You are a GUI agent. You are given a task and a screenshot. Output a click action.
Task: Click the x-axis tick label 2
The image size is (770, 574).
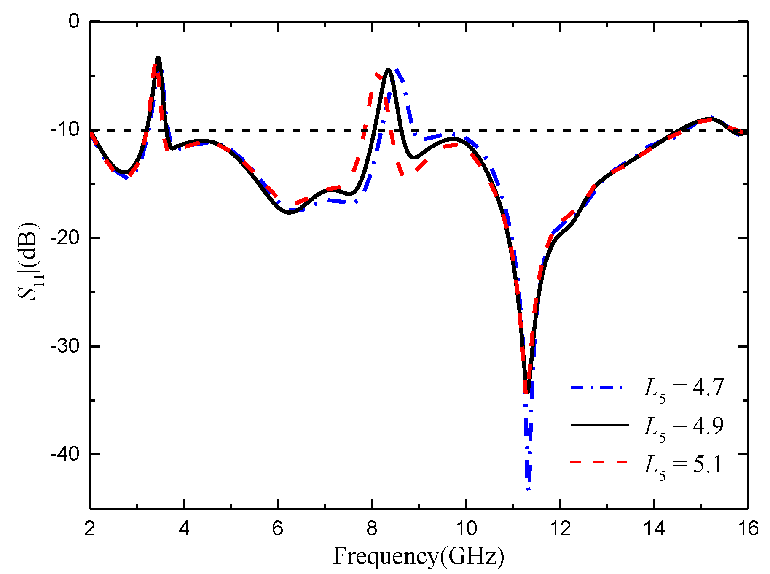coord(90,528)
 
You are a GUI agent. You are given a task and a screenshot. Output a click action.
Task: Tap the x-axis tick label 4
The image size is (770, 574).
coord(184,528)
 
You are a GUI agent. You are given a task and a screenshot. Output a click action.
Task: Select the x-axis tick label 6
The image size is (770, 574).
coord(278,528)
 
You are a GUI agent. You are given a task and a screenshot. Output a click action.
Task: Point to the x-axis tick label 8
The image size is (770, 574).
coord(372,528)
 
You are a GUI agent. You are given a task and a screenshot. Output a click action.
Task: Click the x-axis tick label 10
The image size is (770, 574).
coord(466,528)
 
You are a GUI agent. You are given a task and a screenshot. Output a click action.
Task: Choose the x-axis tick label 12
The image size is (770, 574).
coord(560,528)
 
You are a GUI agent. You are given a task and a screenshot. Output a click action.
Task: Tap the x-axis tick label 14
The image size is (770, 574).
coord(654,528)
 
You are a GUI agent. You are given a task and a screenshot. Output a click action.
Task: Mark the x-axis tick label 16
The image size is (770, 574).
coord(748,528)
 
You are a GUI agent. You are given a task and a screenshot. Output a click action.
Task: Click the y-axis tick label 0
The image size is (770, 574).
coord(74,21)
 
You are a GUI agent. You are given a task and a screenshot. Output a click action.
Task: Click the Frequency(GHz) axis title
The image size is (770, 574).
coord(419,556)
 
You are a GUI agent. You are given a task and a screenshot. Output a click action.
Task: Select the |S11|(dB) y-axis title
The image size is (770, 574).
coord(29,264)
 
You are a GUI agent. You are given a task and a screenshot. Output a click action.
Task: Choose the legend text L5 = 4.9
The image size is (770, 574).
coord(683,426)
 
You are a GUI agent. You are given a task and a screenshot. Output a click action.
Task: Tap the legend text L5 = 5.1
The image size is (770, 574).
coord(683,465)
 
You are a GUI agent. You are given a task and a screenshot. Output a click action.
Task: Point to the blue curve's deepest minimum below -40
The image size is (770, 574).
coord(529,489)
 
